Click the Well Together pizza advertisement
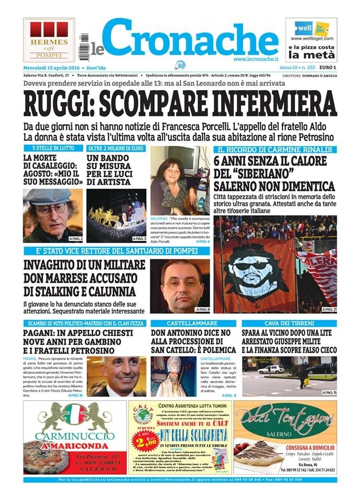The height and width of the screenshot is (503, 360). click(311, 40)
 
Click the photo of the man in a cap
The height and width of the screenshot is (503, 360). click(52, 215)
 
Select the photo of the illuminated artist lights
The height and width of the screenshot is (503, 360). click(116, 215)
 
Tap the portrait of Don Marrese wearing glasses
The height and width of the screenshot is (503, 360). click(180, 286)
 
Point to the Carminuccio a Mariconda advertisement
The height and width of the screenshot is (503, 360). click(75, 438)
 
